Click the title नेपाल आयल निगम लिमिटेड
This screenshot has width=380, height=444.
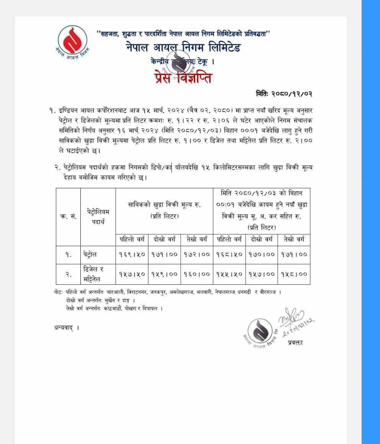point(183,48)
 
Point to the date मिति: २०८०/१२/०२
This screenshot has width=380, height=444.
point(284,94)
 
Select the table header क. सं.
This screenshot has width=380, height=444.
point(68,216)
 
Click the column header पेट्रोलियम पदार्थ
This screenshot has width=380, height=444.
point(98,216)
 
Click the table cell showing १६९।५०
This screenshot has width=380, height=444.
point(132,254)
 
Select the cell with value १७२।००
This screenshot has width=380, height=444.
point(197,254)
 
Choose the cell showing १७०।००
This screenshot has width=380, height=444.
point(262,254)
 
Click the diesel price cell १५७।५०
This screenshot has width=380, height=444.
point(132,274)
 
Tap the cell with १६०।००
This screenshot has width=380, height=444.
point(197,274)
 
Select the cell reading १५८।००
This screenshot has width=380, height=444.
point(294,274)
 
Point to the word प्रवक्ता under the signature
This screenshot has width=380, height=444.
point(295,343)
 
